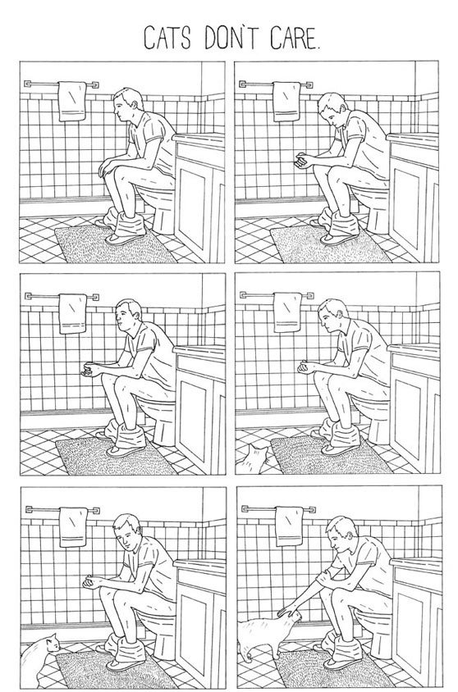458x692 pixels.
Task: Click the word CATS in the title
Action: click(x=167, y=38)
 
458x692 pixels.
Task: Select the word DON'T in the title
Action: click(x=231, y=38)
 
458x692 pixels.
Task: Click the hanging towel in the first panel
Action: click(x=72, y=102)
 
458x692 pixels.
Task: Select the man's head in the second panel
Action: click(x=332, y=110)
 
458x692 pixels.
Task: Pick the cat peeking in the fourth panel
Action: click(x=254, y=460)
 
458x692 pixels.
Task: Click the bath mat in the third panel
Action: click(x=116, y=457)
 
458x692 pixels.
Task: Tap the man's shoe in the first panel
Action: click(x=125, y=239)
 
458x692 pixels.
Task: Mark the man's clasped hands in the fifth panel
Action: click(x=92, y=581)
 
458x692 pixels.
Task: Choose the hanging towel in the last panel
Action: click(x=289, y=526)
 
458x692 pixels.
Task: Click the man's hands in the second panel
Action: click(x=301, y=159)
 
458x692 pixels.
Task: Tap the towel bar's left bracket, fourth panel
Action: click(x=244, y=295)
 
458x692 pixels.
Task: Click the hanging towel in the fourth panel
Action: click(x=287, y=312)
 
